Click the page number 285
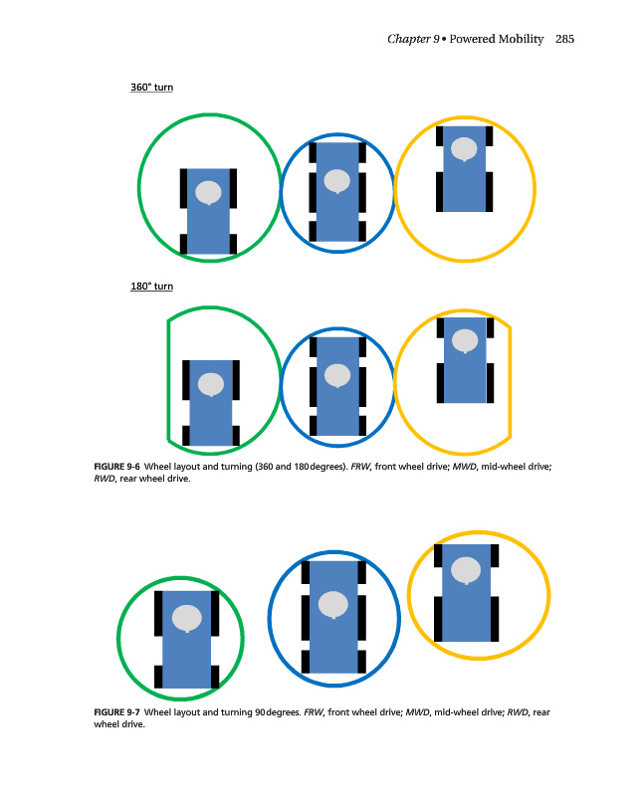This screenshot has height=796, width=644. tap(565, 39)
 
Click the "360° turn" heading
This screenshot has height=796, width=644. tap(152, 88)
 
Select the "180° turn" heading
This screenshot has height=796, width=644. tap(152, 287)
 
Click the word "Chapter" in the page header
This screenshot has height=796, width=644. tap(409, 39)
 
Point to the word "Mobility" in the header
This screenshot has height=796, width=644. tap(522, 39)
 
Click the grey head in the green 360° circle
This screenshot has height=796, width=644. tap(208, 192)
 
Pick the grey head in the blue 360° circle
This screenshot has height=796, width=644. tap(337, 181)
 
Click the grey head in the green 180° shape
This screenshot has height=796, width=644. tap(210, 384)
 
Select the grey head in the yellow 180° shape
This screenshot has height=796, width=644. tap(464, 340)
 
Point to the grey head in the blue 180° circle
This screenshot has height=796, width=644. tap(337, 375)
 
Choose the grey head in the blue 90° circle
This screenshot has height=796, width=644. tap(332, 604)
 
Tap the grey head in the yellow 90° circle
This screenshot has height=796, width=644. tap(466, 571)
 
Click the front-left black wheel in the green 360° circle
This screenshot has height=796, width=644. tap(184, 187)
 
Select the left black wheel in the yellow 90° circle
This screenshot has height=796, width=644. tap(438, 619)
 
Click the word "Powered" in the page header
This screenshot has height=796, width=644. tap(473, 39)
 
